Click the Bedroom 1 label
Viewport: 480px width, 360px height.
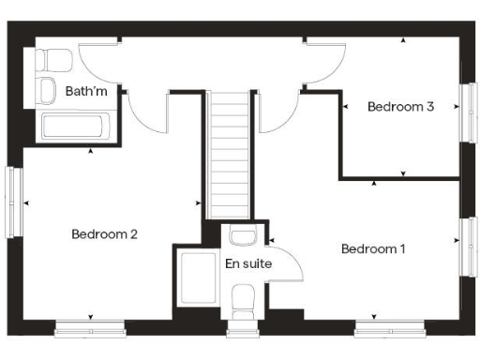pyautogui.click(x=373, y=249)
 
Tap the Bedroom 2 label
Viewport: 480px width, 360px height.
pyautogui.click(x=105, y=234)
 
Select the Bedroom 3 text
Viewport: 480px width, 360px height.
pyautogui.click(x=400, y=107)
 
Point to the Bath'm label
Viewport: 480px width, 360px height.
pyautogui.click(x=85, y=92)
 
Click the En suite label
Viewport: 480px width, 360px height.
pyautogui.click(x=248, y=263)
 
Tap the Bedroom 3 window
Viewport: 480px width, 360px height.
pyautogui.click(x=466, y=112)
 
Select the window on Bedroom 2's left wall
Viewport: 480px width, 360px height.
pyautogui.click(x=13, y=202)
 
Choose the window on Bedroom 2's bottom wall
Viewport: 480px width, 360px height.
pyautogui.click(x=90, y=328)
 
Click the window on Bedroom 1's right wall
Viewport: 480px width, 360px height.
pyautogui.click(x=466, y=246)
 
